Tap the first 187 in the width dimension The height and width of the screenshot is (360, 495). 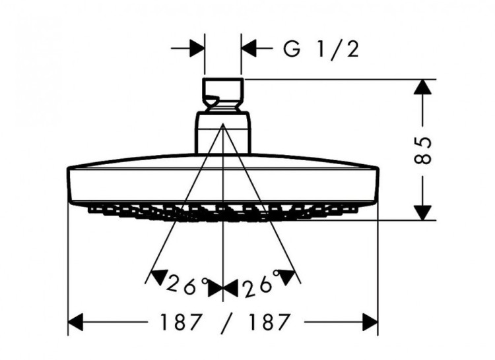click(x=180, y=322)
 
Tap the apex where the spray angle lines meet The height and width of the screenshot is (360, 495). click(x=223, y=123)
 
